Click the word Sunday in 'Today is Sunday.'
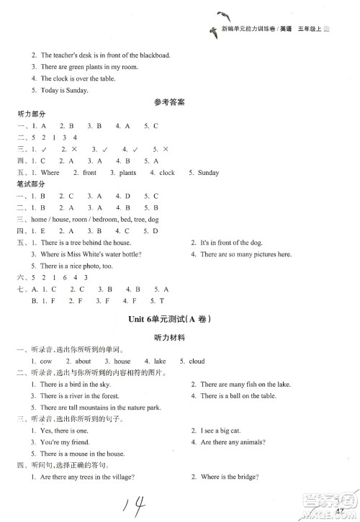[75, 90]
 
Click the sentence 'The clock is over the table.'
[75, 78]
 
